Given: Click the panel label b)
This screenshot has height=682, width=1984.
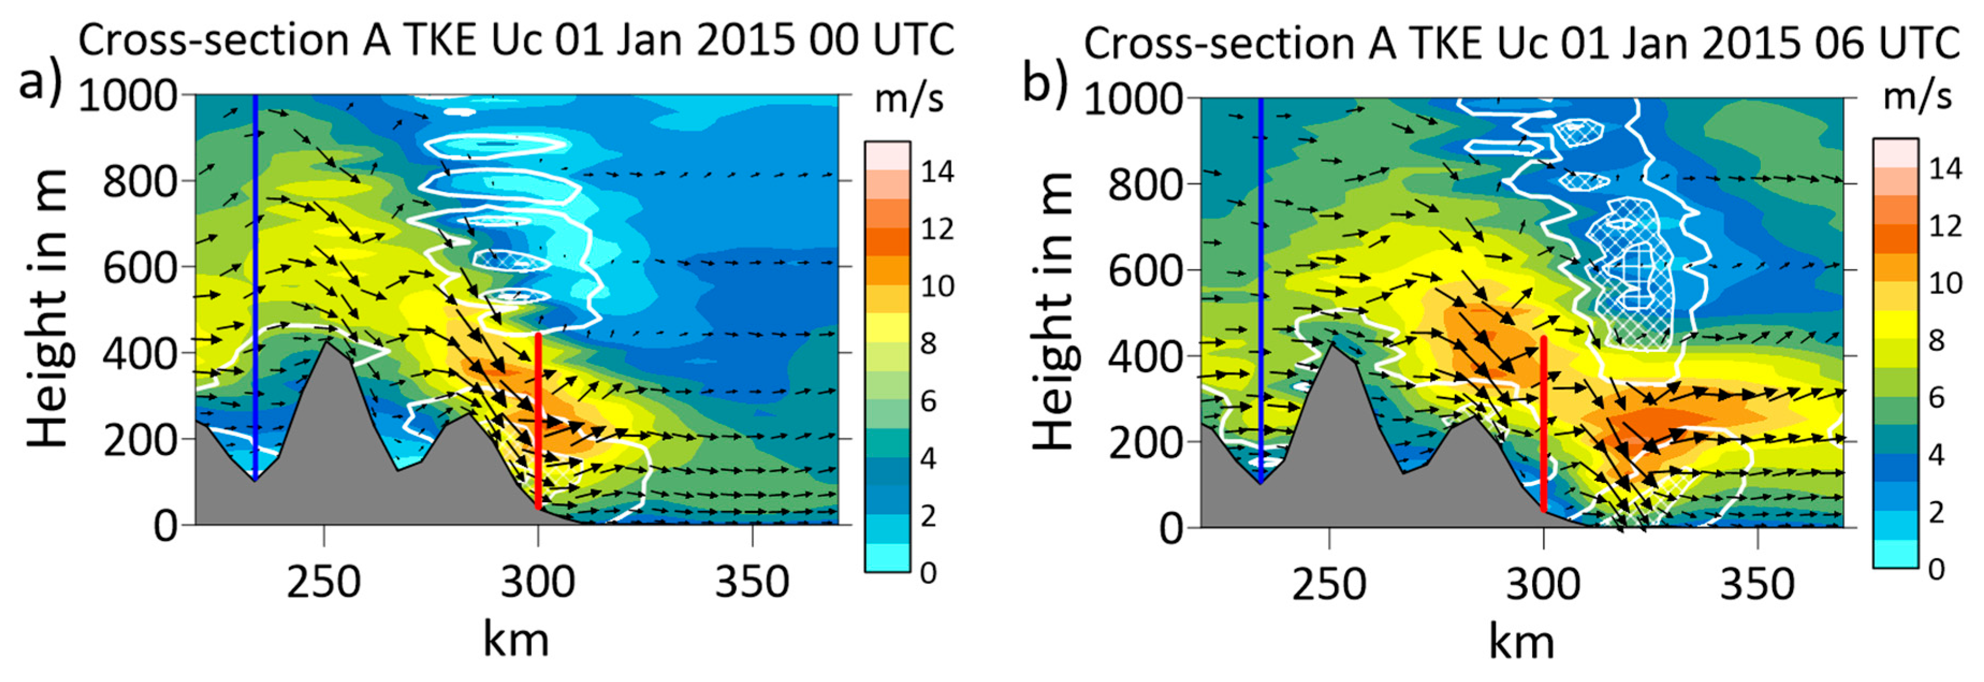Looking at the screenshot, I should [x=1046, y=81].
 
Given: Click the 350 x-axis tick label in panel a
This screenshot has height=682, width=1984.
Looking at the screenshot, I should [x=752, y=582].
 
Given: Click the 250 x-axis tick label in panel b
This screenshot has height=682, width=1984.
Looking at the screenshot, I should [x=1329, y=585].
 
